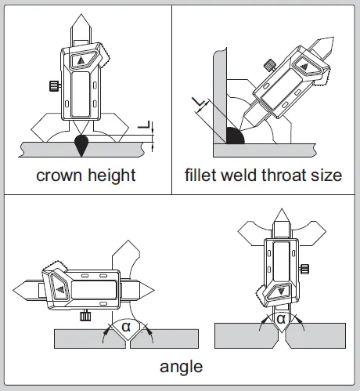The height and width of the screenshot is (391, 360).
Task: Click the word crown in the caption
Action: click(x=59, y=176)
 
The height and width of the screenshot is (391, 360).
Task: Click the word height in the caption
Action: click(x=112, y=176)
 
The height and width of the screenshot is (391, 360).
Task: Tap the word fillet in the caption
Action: click(x=200, y=175)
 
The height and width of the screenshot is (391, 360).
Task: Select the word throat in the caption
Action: click(x=280, y=175)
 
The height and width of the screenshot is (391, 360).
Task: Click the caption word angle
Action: click(x=181, y=367)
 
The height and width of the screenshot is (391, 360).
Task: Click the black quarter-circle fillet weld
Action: click(x=234, y=136)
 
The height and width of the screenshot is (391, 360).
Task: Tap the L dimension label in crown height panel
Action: click(x=144, y=125)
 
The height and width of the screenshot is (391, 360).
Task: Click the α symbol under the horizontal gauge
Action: click(x=126, y=327)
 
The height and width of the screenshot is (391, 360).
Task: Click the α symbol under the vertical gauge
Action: click(x=281, y=319)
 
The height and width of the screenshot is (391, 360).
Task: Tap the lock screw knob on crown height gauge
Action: click(x=55, y=85)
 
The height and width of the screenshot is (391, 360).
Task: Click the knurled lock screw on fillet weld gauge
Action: click(x=269, y=65)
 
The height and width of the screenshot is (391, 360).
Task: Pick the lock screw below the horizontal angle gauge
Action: click(x=85, y=315)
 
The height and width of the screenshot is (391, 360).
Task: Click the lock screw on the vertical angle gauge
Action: click(x=304, y=269)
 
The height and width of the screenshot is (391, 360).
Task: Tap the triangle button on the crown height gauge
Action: click(x=81, y=60)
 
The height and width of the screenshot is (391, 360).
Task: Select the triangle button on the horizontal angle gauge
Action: click(x=60, y=289)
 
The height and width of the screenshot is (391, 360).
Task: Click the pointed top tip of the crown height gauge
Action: click(x=81, y=14)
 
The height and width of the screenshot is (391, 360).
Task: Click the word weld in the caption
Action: click(x=239, y=175)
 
